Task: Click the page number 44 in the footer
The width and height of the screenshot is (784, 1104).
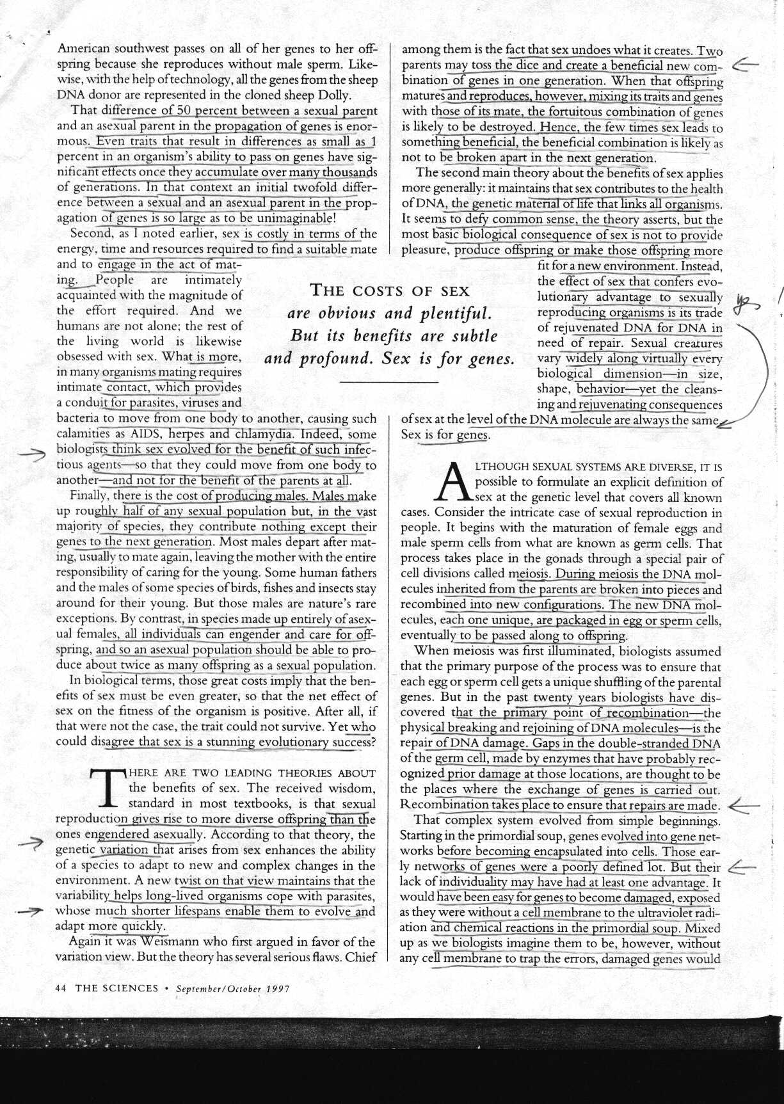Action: (x=61, y=988)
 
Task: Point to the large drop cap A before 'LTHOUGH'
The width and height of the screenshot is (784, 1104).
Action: (x=452, y=483)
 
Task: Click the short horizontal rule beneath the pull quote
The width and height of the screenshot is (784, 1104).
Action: (x=388, y=382)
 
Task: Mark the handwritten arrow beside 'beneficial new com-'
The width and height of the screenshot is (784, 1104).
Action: (x=744, y=64)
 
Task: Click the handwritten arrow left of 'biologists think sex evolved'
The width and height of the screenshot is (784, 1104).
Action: (x=32, y=454)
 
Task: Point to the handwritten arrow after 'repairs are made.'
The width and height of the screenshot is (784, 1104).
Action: (x=743, y=806)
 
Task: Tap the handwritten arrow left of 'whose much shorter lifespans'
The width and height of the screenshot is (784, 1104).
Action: (x=29, y=911)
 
